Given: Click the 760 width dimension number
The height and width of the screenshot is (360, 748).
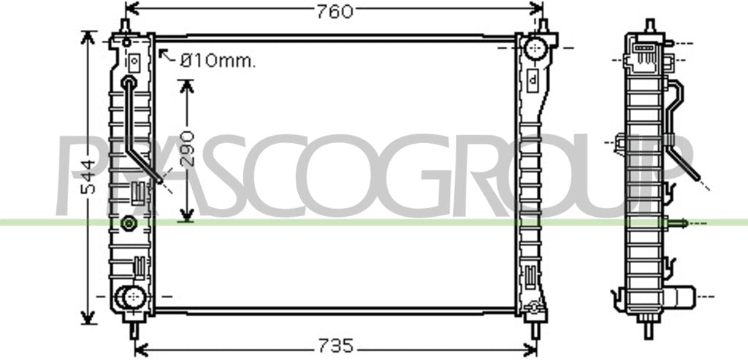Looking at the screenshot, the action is [x=335, y=12].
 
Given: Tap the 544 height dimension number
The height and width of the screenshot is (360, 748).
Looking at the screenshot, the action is [x=88, y=177].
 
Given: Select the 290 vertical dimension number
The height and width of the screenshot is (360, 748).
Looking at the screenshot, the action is [x=188, y=148].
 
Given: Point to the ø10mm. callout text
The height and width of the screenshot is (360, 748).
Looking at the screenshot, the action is [x=218, y=61].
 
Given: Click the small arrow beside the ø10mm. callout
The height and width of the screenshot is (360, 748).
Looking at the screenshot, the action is [x=167, y=56].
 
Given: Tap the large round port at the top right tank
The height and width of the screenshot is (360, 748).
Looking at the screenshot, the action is [x=535, y=48].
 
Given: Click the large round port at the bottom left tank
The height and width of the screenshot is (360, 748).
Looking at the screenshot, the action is [x=133, y=297].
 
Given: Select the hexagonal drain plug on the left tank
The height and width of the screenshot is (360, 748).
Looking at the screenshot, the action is [x=128, y=223].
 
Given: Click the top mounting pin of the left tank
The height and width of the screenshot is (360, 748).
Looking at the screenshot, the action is [x=125, y=26].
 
